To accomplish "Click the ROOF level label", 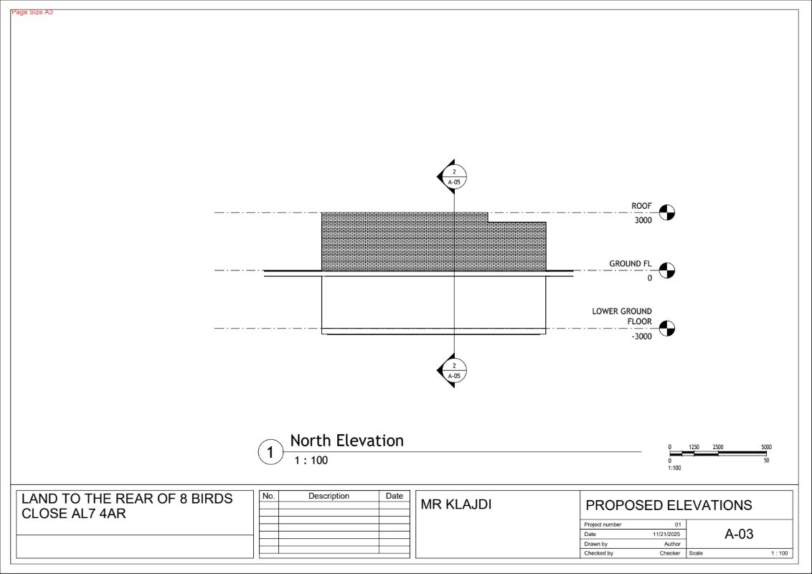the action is [x=641, y=206].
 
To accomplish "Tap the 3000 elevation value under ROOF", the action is [x=643, y=220].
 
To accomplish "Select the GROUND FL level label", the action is [x=631, y=264].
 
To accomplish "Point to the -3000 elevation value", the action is [x=641, y=337].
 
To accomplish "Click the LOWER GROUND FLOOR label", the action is [x=622, y=316].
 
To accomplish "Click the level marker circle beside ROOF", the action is [x=667, y=212].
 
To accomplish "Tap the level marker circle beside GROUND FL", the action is [x=667, y=270].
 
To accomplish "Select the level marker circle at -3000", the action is [x=667, y=329].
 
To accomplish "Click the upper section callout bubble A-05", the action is [x=454, y=177].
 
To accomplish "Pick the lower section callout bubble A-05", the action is [x=454, y=370].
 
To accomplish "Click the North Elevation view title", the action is [x=346, y=441].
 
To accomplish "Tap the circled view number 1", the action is [x=270, y=452].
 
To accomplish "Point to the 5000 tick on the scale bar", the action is [x=766, y=447].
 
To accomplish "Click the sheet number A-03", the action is [x=739, y=534].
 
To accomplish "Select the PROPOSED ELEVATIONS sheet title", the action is [x=669, y=505].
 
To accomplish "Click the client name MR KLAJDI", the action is [x=455, y=504].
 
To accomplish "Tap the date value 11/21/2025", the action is [x=666, y=534].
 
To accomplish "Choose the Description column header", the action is [x=329, y=496].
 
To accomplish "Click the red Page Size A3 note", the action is [x=32, y=12].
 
